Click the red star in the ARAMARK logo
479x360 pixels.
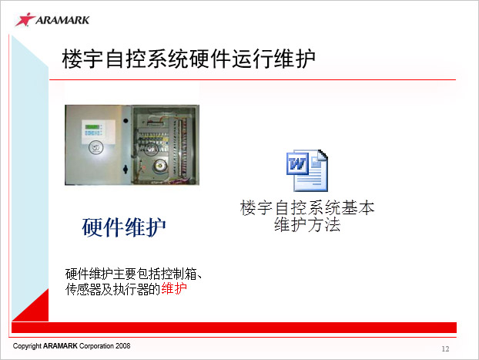click(25, 19)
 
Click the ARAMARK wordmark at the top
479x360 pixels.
click(62, 20)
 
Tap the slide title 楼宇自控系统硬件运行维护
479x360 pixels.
click(189, 58)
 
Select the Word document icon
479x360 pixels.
click(307, 170)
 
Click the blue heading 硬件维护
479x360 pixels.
click(124, 227)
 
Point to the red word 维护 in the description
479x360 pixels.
click(174, 288)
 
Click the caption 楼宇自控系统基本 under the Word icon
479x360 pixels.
click(307, 208)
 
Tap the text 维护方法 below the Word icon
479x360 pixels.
click(307, 225)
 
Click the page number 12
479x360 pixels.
click(445, 349)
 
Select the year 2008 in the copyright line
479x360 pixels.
click(122, 346)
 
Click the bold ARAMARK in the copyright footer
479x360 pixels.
click(60, 346)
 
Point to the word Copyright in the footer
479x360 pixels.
click(27, 346)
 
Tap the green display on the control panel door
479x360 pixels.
click(92, 126)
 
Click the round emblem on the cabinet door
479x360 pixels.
click(96, 147)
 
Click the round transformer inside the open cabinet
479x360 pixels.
click(159, 166)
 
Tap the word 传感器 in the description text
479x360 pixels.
click(83, 289)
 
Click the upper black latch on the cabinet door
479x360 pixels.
click(126, 120)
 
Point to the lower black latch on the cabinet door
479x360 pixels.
click(126, 169)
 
